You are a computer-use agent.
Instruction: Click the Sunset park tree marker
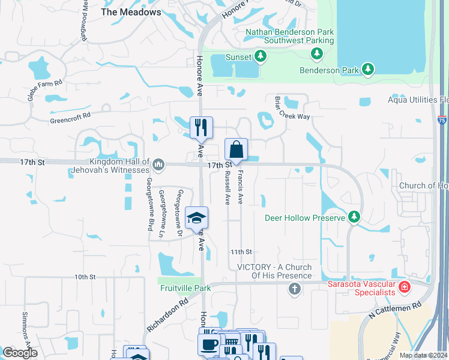point(260,56)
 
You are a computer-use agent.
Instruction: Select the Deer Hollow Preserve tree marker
point(355,217)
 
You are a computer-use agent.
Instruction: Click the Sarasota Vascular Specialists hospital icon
point(405,287)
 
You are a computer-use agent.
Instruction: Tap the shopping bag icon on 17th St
point(237,150)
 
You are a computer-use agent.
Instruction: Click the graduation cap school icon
point(196,218)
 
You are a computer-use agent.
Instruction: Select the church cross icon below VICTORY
point(294,290)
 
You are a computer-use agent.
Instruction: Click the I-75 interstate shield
point(441,120)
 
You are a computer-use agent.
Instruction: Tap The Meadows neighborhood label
point(131,12)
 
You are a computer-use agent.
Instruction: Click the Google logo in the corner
point(20,353)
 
